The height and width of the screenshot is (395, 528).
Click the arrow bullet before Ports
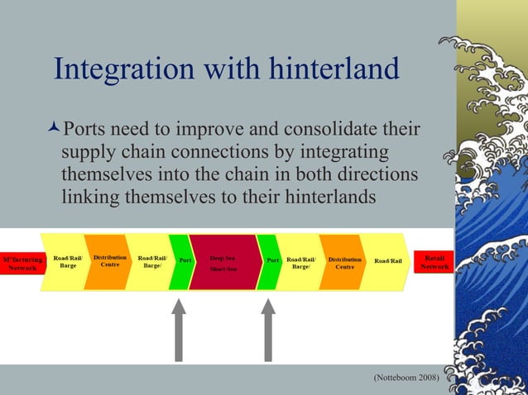[x=55, y=131]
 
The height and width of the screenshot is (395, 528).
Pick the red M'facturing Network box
[x=22, y=263]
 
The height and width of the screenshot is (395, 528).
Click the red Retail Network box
[x=434, y=262]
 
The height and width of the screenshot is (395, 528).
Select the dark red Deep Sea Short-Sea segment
[x=223, y=263]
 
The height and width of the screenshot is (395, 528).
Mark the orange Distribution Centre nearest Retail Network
[x=343, y=262]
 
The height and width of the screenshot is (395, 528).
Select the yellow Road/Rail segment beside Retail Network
[x=388, y=262]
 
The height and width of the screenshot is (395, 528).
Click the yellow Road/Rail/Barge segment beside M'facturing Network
[x=67, y=262]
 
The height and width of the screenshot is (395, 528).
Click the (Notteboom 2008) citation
[x=406, y=378]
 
